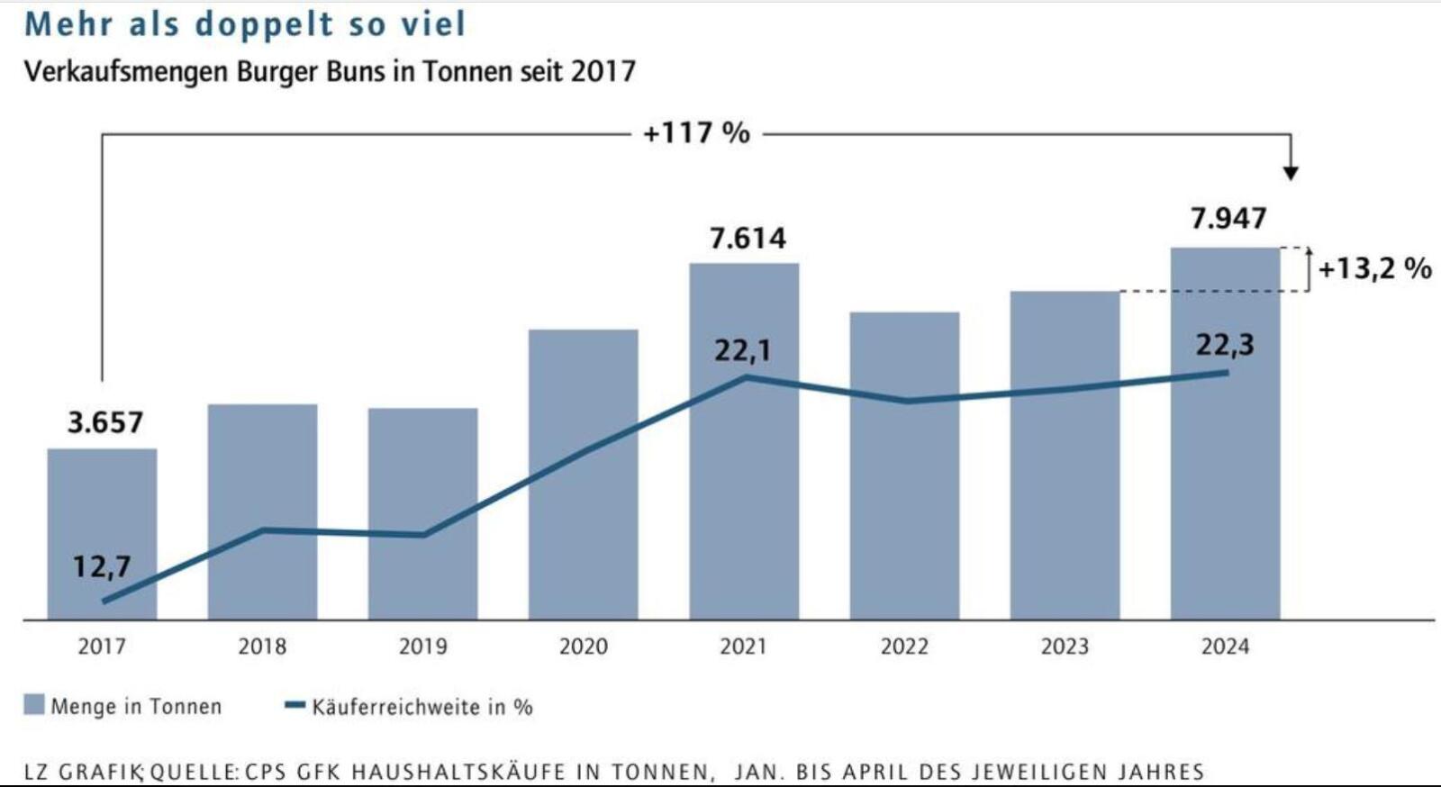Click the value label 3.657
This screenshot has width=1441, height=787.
coord(105,422)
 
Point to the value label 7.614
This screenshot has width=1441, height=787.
coord(748,239)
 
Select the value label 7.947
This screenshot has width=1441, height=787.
coord(1228,219)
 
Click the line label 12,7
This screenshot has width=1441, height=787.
coord(102,566)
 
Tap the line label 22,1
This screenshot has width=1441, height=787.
coord(743,350)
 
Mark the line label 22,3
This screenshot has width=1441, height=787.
coord(1225,345)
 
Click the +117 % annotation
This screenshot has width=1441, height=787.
coord(696,133)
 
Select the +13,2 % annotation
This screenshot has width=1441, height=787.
coord(1374,268)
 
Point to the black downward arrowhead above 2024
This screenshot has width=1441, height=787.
coord(1291,172)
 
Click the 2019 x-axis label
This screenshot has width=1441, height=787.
coord(422,647)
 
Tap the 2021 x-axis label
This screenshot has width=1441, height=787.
coord(743,647)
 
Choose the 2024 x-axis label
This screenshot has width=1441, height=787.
coord(1225,647)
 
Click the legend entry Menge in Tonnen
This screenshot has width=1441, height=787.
coord(135,707)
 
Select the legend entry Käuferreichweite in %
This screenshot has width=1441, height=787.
coord(421,707)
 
